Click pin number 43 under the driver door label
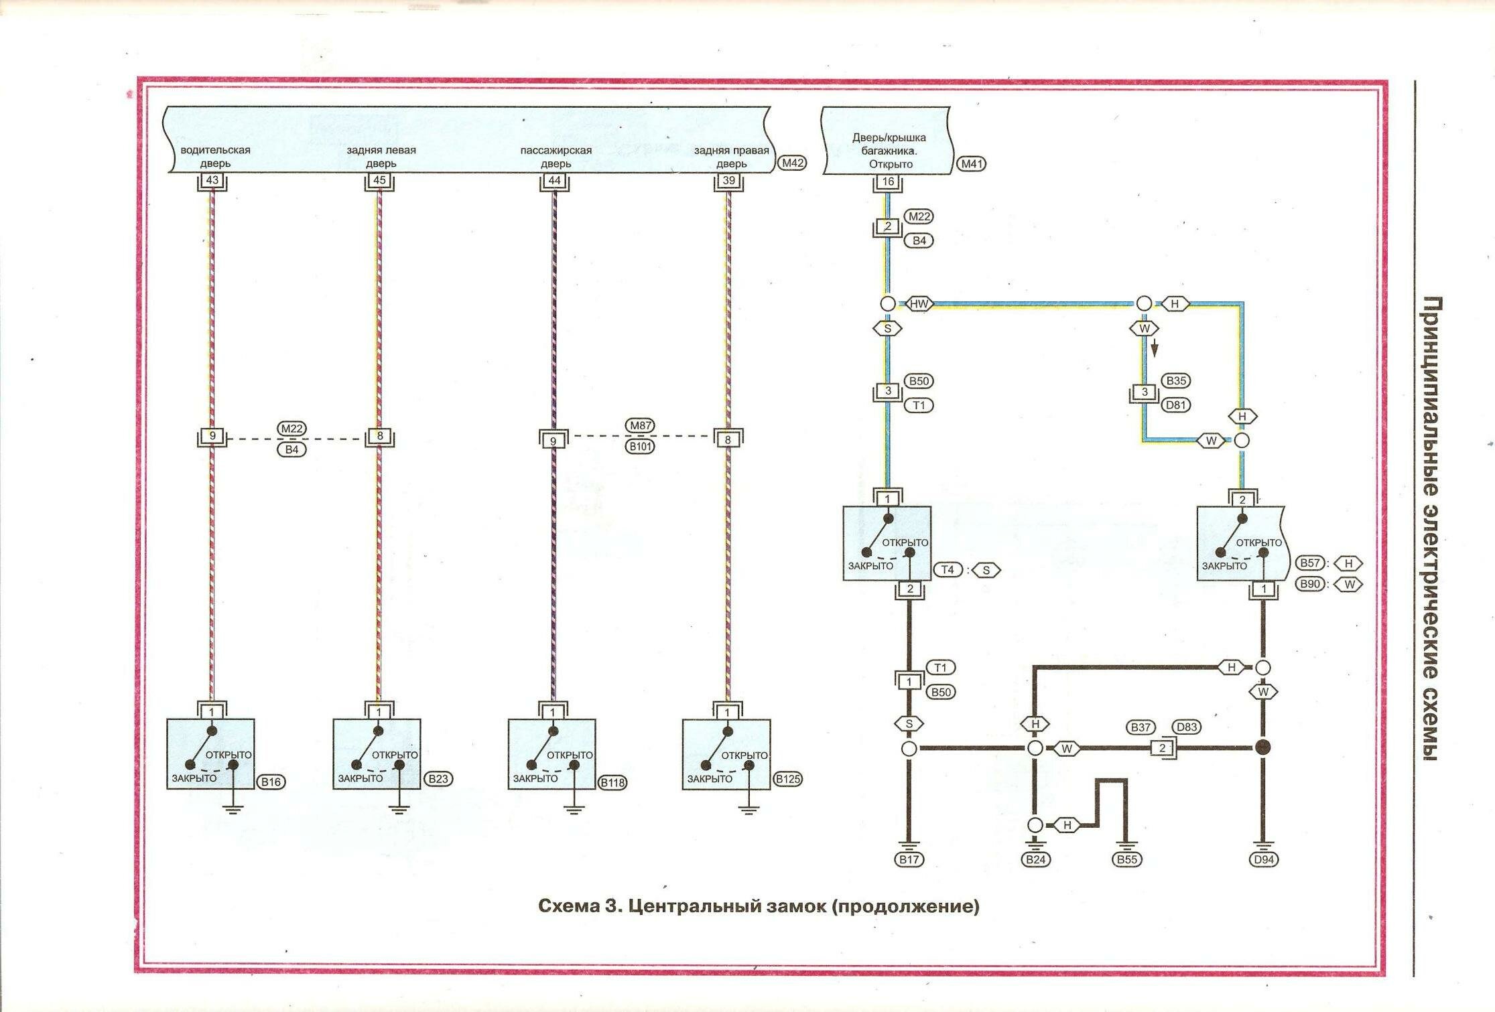click(212, 180)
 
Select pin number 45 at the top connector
click(379, 180)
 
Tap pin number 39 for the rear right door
click(728, 180)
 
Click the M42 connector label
click(792, 163)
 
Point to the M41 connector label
click(972, 163)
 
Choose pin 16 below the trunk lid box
click(888, 182)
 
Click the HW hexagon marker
click(919, 304)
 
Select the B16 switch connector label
click(271, 782)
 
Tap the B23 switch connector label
click(438, 779)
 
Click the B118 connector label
click(612, 782)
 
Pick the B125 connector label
click(787, 779)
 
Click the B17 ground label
click(909, 859)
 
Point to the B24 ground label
click(1035, 859)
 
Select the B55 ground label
click(1127, 859)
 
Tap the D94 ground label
click(1263, 859)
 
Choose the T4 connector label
click(948, 570)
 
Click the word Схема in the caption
click(568, 906)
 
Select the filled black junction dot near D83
click(1262, 747)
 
